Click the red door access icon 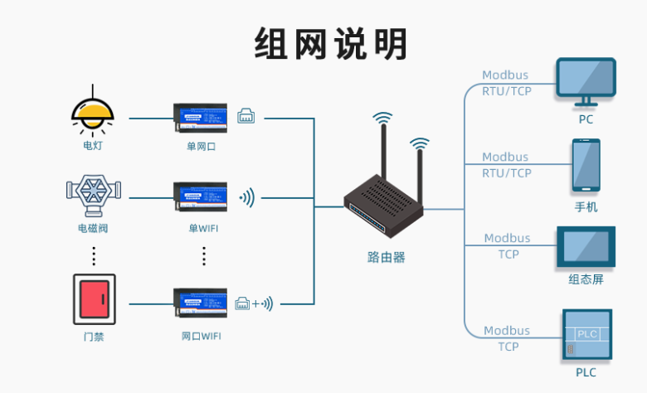(x=93, y=299)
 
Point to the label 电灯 (x=93, y=146)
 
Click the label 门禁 (x=94, y=337)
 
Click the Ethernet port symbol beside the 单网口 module (x=246, y=117)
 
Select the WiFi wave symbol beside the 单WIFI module (x=247, y=198)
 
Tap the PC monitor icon (x=586, y=81)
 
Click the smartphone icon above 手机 (x=586, y=165)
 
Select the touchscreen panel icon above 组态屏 (x=586, y=247)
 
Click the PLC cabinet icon (x=586, y=335)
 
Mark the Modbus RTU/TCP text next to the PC (x=507, y=83)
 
